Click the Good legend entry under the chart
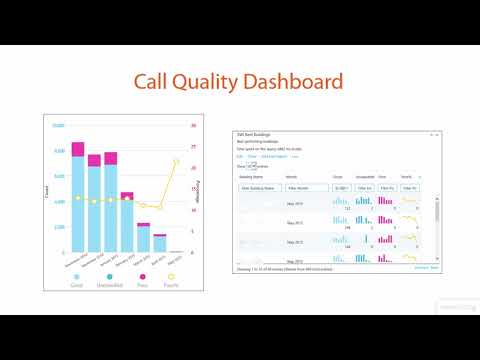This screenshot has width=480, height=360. click(x=77, y=283)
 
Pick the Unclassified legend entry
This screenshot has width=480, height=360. click(x=110, y=283)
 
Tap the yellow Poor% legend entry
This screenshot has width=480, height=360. click(x=173, y=283)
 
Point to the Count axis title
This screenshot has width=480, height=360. click(x=47, y=190)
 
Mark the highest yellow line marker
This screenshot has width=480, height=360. click(x=176, y=160)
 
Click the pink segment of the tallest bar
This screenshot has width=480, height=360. click(x=78, y=149)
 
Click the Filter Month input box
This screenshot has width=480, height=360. click(x=299, y=187)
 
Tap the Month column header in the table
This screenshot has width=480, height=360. click(x=293, y=175)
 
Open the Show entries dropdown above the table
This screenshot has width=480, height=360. click(x=256, y=164)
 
